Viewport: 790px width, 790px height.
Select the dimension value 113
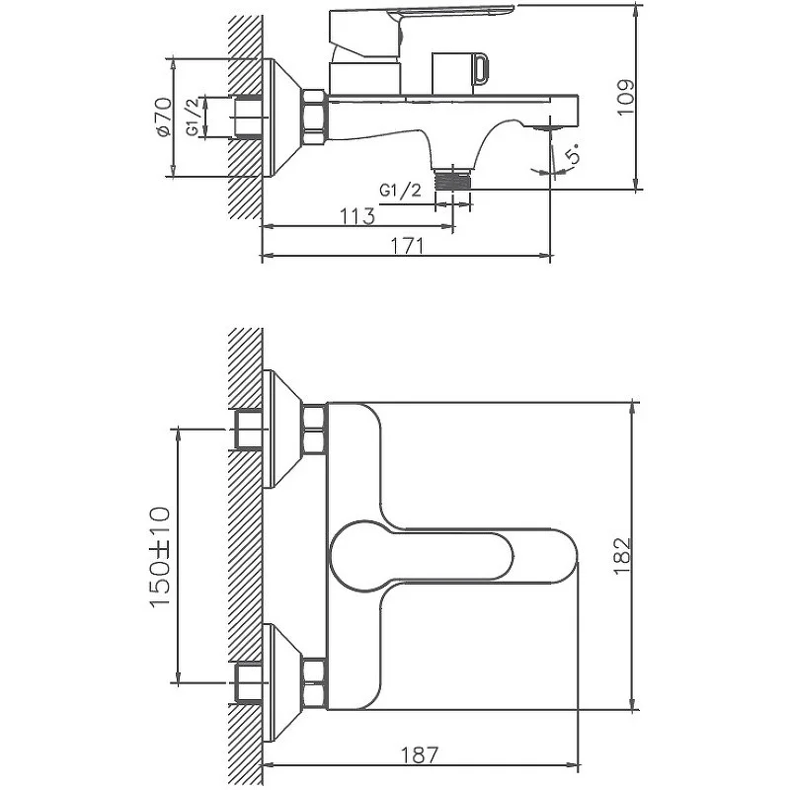pos(357,216)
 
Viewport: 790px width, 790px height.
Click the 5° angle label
pos(573,156)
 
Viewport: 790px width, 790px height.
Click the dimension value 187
pos(421,755)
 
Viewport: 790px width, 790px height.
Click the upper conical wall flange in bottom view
pos(284,430)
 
